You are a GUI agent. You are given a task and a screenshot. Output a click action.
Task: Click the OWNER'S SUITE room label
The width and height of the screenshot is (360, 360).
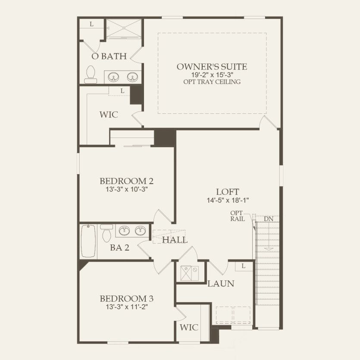(x=212, y=67)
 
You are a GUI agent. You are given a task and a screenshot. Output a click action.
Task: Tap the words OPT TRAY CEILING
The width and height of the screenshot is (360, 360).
(x=212, y=81)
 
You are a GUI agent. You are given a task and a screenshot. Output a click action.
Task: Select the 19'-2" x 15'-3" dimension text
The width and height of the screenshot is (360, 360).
(x=212, y=75)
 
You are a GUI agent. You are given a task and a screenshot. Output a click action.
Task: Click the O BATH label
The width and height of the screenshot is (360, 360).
(x=109, y=56)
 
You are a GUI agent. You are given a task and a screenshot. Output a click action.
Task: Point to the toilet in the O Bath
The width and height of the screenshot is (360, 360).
(x=91, y=74)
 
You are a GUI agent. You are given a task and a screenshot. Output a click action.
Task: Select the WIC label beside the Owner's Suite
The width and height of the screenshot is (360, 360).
(x=109, y=115)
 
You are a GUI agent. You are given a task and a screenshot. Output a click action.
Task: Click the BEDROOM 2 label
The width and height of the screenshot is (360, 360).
(x=127, y=181)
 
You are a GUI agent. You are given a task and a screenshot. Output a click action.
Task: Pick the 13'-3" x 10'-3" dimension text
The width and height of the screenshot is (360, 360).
(x=127, y=189)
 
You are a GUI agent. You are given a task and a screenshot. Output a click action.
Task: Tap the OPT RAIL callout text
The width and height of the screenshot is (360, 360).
(x=238, y=216)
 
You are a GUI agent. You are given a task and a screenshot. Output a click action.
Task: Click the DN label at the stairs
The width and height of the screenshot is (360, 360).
(x=269, y=219)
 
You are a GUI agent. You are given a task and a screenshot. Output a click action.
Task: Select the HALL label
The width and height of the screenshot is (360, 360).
(x=175, y=240)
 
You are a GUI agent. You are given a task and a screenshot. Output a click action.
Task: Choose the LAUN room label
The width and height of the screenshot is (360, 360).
(x=221, y=284)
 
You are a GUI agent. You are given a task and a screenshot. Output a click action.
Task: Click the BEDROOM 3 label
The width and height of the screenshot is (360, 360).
(x=127, y=299)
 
